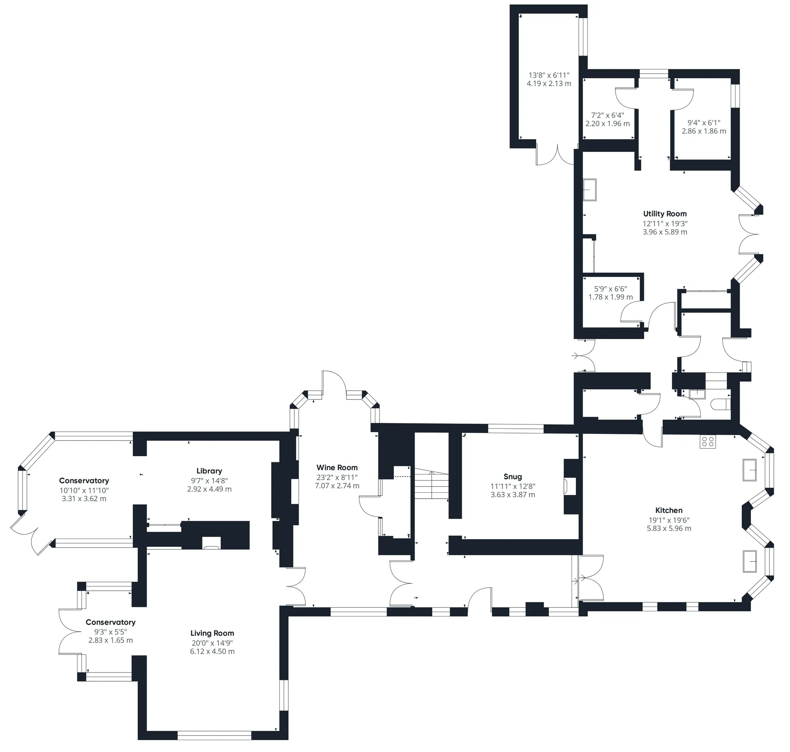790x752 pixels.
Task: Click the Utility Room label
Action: pos(665,214)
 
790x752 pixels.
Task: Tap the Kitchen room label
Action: pos(669,510)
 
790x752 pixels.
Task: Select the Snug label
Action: pos(513,477)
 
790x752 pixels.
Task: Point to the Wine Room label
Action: pos(337,467)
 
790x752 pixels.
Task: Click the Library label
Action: pos(209,471)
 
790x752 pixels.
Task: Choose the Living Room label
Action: pos(213,633)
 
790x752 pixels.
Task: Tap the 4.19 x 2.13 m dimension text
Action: pos(549,83)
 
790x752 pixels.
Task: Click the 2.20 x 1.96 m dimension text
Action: pos(608,123)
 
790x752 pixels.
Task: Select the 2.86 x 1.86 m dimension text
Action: pos(704,131)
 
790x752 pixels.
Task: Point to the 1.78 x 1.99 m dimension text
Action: pos(611,297)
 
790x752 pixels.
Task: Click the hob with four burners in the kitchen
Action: pos(708,441)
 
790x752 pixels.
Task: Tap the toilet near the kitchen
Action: pos(721,405)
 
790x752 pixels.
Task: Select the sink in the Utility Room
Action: pos(590,189)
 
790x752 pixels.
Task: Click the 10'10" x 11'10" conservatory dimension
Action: pos(84,490)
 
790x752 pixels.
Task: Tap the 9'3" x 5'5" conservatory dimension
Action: pos(111,632)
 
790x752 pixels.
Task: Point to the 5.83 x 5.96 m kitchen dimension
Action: pos(669,528)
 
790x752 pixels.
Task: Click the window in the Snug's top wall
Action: pos(516,428)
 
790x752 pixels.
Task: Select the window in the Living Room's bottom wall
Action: pos(214,735)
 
